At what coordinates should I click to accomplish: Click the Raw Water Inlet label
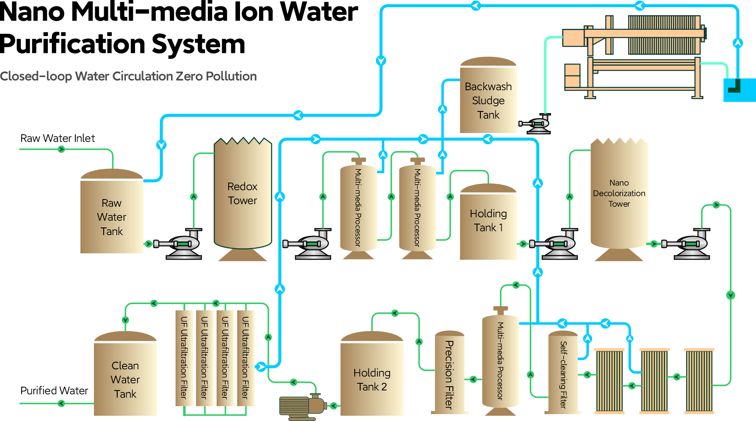pos(58,138)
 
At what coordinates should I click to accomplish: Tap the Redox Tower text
pos(242,194)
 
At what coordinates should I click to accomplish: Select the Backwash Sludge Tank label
pos(488,101)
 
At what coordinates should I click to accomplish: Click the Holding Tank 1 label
pos(488,221)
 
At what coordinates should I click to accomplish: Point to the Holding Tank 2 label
pos(372,380)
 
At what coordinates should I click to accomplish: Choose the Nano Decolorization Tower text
pos(619,193)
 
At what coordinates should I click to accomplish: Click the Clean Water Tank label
pos(125,379)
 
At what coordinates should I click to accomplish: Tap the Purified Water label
pos(54,391)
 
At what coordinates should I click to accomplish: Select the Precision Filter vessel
pos(450,373)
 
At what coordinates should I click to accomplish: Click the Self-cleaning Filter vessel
pos(563,373)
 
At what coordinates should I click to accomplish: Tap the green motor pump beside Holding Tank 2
pos(301,407)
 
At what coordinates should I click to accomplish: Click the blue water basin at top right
pos(739,90)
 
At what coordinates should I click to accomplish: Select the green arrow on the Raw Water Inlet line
pos(61,150)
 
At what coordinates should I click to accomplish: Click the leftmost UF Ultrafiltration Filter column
pos(184,358)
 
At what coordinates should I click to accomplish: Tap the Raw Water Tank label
pos(112,217)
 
